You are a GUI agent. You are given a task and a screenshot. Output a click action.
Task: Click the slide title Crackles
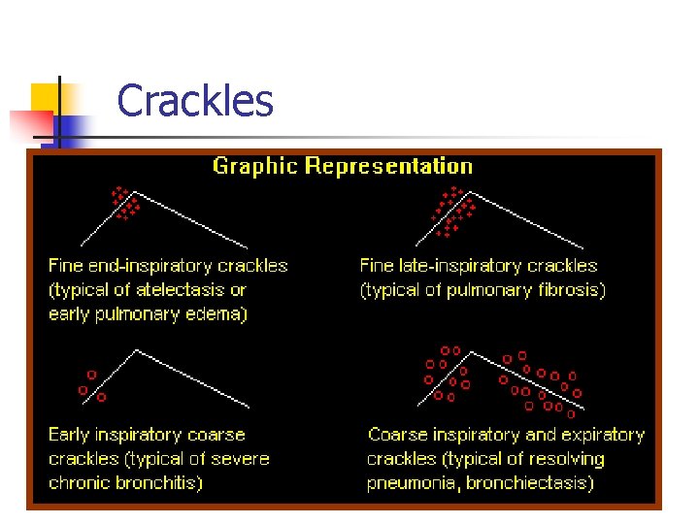(194, 101)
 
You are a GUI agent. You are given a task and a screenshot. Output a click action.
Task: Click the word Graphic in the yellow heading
(255, 166)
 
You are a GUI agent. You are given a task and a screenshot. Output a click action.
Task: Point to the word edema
(218, 313)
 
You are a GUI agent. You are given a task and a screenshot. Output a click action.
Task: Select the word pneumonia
(408, 482)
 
